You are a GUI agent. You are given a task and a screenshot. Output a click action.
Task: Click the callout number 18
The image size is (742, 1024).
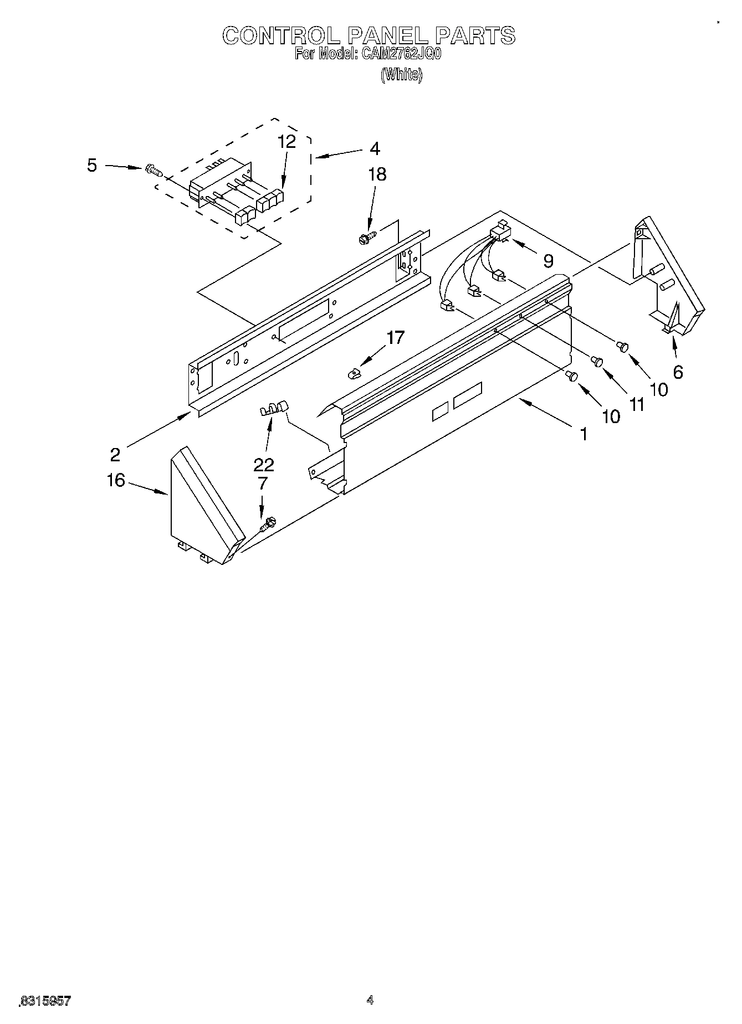[x=377, y=174]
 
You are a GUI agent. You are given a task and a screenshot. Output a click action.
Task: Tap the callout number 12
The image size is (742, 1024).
[x=286, y=142]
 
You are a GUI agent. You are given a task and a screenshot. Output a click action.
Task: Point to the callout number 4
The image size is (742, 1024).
[x=375, y=148]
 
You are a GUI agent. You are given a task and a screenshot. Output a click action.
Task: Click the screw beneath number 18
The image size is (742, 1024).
[x=366, y=239]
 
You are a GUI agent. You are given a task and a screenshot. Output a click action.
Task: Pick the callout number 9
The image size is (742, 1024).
[x=547, y=261]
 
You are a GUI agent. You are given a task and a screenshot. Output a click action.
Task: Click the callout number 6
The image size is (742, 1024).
[x=678, y=372]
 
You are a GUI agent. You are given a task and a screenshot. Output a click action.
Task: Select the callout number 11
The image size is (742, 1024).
[x=637, y=405]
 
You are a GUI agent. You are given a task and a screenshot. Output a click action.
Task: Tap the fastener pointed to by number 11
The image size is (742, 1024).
[x=597, y=361]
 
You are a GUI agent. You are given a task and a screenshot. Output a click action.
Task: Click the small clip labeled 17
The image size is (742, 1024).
[x=353, y=374]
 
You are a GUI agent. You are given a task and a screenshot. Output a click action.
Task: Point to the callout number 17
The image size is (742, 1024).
[x=395, y=337]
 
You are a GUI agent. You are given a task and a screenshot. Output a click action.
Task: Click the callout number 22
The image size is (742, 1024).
[x=263, y=464]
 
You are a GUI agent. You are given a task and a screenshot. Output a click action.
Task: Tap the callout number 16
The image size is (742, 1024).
[x=116, y=480]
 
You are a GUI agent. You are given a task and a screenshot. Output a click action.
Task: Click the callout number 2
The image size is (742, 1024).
[x=115, y=455]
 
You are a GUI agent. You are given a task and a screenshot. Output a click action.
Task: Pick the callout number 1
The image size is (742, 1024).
[x=583, y=435]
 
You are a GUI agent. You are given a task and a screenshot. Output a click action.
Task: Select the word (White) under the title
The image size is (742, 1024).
[x=401, y=75]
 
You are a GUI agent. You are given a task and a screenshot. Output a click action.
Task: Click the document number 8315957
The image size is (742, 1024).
[x=45, y=1001]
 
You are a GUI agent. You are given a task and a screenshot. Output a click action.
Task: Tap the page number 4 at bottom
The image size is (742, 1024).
[x=370, y=1000]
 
